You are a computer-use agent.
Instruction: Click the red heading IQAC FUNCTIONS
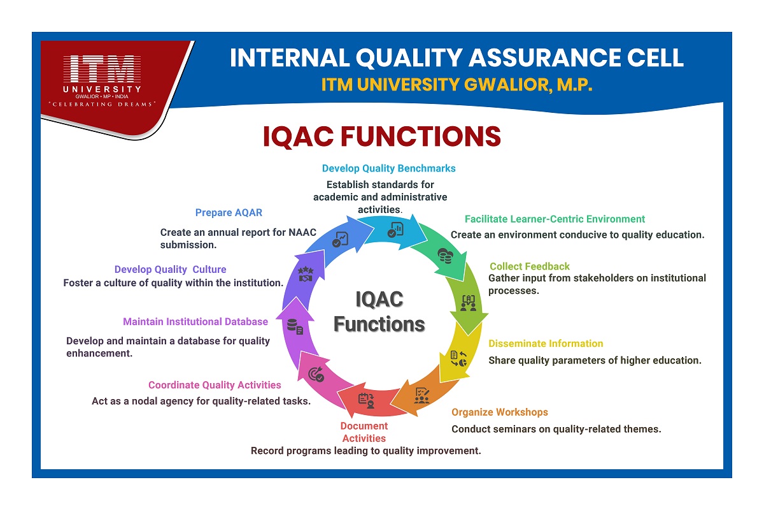381,136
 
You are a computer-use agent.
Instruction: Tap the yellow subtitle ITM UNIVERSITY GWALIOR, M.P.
456,85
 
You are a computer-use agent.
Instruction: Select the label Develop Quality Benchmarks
388,168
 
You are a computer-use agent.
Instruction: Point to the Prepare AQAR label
229,212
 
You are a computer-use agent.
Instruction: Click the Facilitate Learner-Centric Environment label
555,219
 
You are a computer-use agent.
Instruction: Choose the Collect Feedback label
529,266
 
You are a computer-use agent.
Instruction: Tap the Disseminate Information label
546,344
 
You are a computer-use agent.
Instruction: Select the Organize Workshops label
500,412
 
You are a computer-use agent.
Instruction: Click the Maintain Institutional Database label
195,322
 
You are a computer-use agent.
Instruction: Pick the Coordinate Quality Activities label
215,385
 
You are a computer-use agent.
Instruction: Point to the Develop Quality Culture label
170,270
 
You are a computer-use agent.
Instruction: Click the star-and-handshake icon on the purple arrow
306,274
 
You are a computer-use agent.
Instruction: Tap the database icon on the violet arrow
295,326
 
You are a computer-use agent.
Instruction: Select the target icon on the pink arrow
316,374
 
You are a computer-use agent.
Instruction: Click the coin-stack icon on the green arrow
446,256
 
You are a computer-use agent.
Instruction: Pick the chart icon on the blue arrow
341,239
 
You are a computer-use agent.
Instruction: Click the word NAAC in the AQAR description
302,232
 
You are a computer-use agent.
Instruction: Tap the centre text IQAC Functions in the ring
379,312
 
